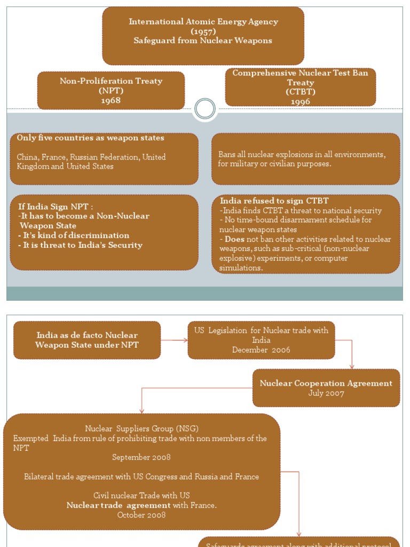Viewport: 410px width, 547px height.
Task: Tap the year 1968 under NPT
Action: point(111,100)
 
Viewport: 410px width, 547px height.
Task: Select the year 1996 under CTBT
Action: point(301,101)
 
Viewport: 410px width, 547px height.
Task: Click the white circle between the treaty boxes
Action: point(205,109)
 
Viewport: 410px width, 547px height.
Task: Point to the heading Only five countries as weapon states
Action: point(90,138)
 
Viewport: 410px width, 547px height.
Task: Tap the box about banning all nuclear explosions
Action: point(305,159)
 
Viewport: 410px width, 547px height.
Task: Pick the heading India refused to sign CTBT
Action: point(274,201)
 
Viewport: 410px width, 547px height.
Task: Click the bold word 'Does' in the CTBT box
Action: point(234,239)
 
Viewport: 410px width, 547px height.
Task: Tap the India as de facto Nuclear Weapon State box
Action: point(87,340)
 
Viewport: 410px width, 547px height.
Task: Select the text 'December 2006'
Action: point(261,350)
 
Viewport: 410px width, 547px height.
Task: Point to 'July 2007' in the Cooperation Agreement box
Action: point(326,393)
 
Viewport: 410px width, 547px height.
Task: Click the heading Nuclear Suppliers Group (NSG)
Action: point(141,428)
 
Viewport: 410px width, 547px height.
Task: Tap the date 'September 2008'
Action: point(141,457)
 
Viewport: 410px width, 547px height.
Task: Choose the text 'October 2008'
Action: point(141,515)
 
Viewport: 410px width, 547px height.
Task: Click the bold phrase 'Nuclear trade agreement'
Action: point(119,505)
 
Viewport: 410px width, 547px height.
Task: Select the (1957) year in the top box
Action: point(203,32)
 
